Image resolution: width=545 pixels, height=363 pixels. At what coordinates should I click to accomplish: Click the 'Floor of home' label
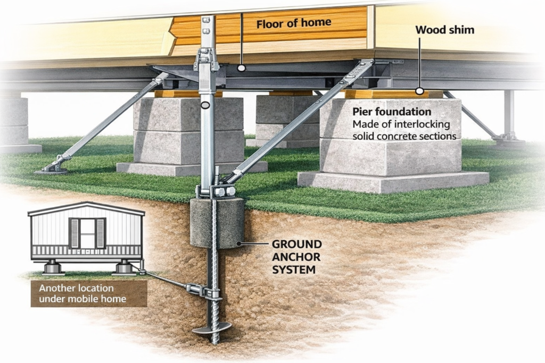click(293, 23)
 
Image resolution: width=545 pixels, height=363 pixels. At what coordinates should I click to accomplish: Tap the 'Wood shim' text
click(444, 30)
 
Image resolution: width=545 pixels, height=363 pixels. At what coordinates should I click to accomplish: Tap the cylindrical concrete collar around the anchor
click(217, 223)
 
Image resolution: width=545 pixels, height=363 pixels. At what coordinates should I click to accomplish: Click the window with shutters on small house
click(87, 233)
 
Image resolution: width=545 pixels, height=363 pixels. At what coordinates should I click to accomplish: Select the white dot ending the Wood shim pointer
click(419, 91)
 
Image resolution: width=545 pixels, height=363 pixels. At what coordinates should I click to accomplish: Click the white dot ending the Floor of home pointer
click(241, 69)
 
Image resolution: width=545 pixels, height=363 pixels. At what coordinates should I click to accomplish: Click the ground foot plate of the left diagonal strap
click(52, 170)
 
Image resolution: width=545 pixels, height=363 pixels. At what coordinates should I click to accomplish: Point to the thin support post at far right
click(508, 114)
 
